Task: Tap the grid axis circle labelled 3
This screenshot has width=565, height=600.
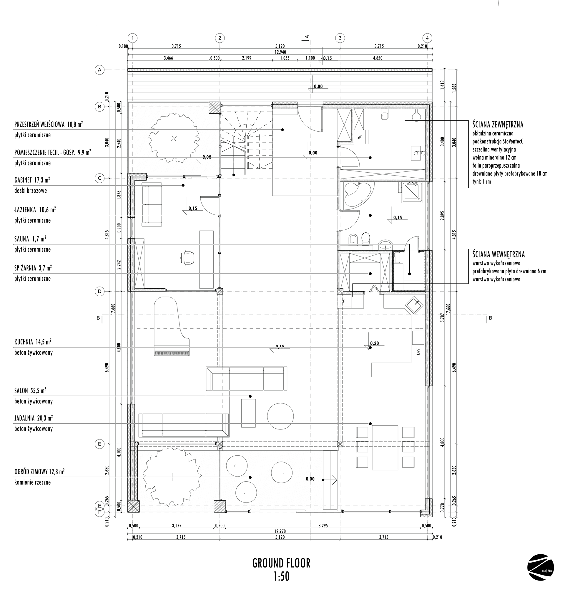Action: [340, 38]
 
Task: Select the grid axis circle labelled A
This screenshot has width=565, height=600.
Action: [99, 70]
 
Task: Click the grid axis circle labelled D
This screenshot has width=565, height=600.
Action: [99, 292]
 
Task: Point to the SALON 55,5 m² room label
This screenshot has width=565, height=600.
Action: [30, 391]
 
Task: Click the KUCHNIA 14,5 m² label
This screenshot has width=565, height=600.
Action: [33, 342]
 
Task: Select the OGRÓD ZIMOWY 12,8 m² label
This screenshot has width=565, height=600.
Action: [39, 472]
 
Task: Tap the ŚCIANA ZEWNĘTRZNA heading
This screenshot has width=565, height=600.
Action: [498, 124]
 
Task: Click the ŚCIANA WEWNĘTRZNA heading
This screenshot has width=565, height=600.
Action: [499, 254]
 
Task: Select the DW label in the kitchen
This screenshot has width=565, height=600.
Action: [418, 352]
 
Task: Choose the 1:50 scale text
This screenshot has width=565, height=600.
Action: [282, 577]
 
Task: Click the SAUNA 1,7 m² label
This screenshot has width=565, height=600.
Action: [30, 239]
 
